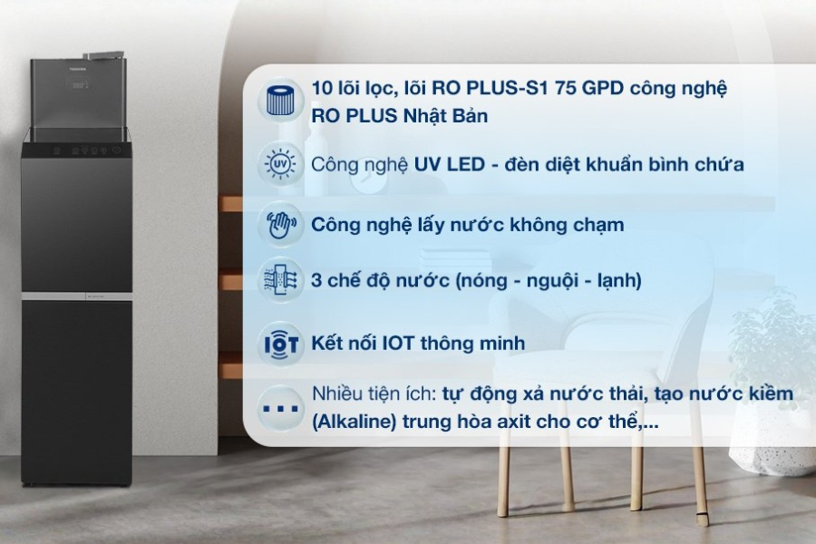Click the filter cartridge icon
(280, 101)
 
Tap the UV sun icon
(280, 164)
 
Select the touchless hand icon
(280, 226)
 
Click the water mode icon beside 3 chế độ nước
(280, 280)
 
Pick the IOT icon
(281, 344)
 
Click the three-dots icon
(281, 409)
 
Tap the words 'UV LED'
(449, 164)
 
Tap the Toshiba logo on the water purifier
(78, 68)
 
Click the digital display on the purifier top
(80, 85)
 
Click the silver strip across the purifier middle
(76, 296)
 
